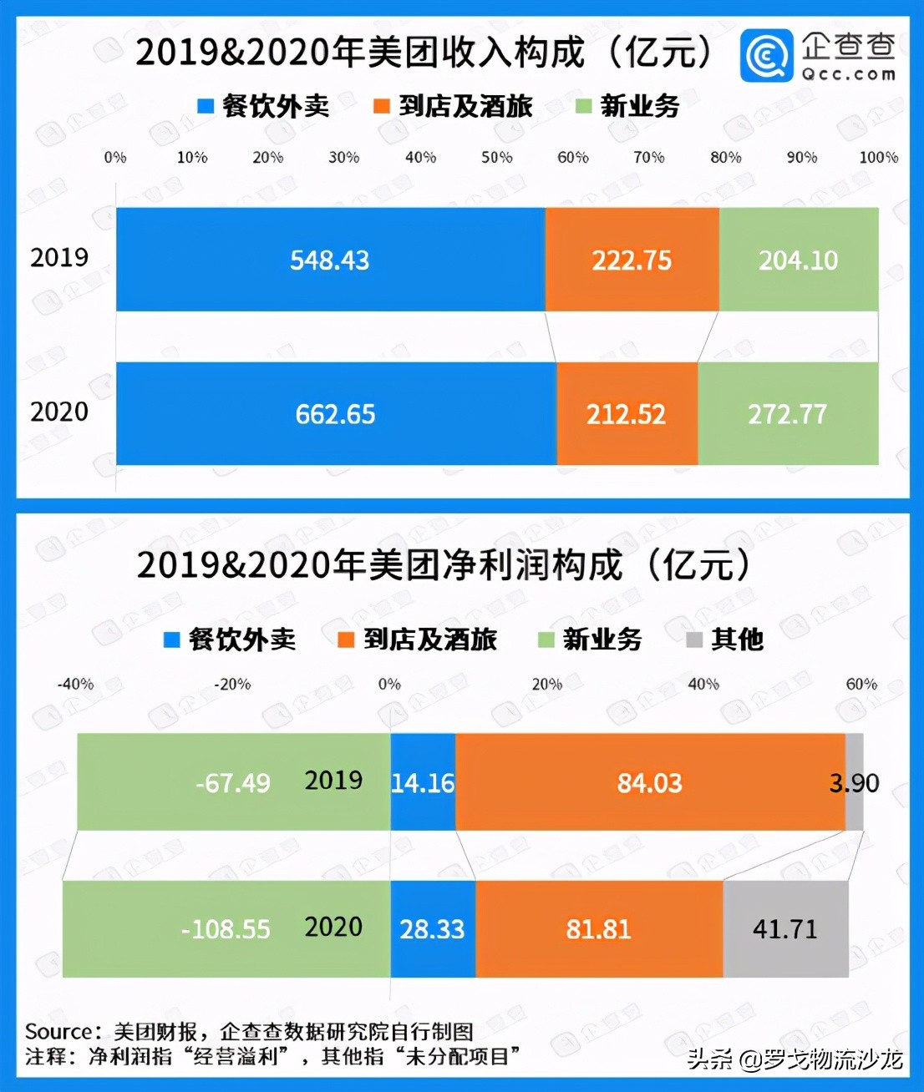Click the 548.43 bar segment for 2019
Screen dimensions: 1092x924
pyautogui.click(x=330, y=260)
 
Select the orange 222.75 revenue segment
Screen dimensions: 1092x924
pyautogui.click(x=632, y=260)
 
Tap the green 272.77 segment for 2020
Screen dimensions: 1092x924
pyautogui.click(x=788, y=414)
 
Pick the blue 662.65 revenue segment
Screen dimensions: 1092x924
pyautogui.click(x=336, y=414)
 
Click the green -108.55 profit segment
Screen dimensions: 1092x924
pyautogui.click(x=226, y=929)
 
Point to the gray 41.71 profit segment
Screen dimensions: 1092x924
pyautogui.click(x=785, y=929)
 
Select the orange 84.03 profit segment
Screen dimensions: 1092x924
pyautogui.click(x=650, y=783)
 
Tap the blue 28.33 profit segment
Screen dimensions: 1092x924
pyautogui.click(x=432, y=929)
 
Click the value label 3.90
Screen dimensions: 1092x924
pyautogui.click(x=854, y=783)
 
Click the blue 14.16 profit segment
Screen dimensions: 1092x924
pyautogui.click(x=423, y=783)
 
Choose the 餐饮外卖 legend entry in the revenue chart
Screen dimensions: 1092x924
pyautogui.click(x=264, y=106)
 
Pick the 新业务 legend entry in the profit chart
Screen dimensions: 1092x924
pyautogui.click(x=591, y=640)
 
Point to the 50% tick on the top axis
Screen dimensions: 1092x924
pyautogui.click(x=496, y=157)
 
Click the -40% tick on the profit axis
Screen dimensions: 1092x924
pyautogui.click(x=75, y=684)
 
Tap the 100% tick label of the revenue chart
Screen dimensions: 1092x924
pyautogui.click(x=878, y=157)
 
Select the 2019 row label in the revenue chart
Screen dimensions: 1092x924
pyautogui.click(x=59, y=257)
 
